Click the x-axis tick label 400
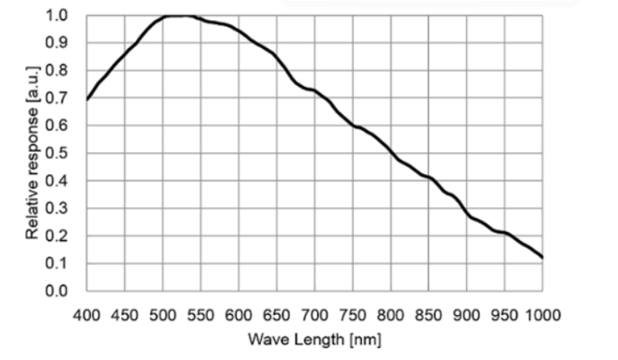click(87, 314)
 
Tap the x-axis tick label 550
click(201, 314)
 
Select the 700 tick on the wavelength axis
click(314, 314)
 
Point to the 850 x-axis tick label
click(429, 314)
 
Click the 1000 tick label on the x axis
click(542, 314)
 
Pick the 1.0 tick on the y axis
click(67, 16)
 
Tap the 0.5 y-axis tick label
click(67, 153)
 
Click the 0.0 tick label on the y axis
click(67, 291)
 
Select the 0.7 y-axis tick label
click(67, 98)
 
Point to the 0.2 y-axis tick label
click(67, 236)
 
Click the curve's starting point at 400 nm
click(88, 99)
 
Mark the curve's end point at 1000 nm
click(542, 257)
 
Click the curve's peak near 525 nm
click(182, 15)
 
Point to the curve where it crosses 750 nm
click(353, 125)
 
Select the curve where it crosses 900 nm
click(467, 215)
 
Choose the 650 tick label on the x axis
click(277, 314)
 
